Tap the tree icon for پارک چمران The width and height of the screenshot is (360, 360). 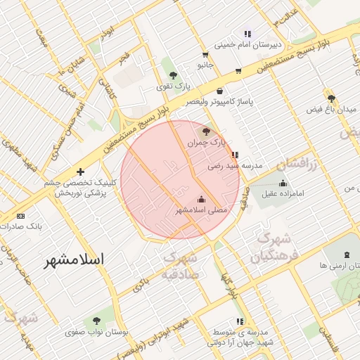click(x=205, y=131)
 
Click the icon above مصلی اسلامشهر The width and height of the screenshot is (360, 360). click(x=202, y=198)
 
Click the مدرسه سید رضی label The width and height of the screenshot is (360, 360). click(x=235, y=167)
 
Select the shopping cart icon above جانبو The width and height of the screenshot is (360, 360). click(x=205, y=54)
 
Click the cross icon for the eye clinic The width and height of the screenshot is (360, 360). click(x=81, y=172)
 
